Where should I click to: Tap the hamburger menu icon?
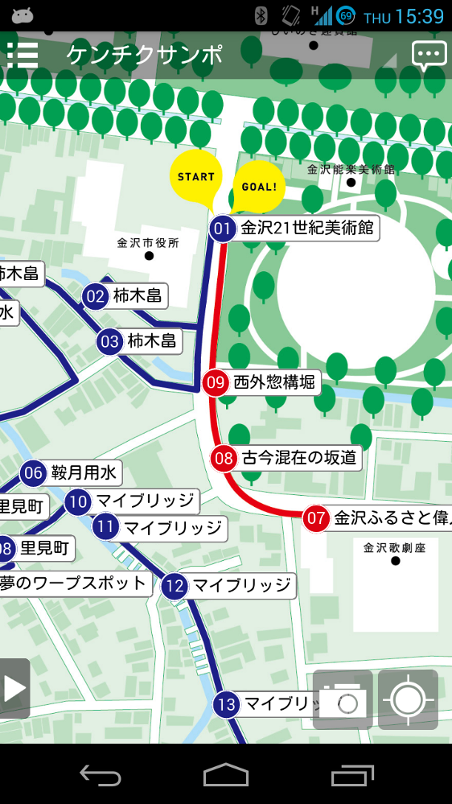(23, 55)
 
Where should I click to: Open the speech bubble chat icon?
(429, 55)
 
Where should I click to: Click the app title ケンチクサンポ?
(145, 55)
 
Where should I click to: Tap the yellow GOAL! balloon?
(258, 186)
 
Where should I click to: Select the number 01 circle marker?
(223, 229)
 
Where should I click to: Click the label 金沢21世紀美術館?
(307, 229)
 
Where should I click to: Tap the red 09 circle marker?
(215, 382)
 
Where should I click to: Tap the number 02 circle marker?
(96, 297)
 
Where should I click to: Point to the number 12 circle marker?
(175, 586)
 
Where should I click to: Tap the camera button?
(343, 700)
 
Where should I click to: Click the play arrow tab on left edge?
(14, 689)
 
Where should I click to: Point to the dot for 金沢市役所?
(149, 256)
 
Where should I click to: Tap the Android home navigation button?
(225, 774)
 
